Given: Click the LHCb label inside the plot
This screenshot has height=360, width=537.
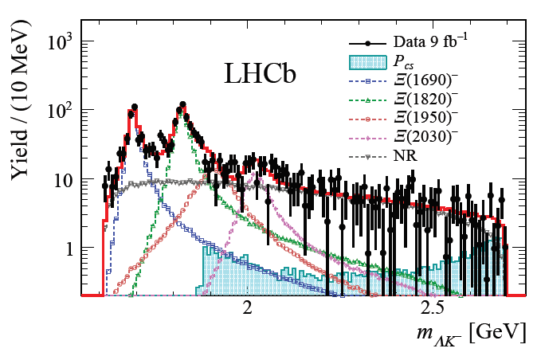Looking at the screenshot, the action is click(x=260, y=74).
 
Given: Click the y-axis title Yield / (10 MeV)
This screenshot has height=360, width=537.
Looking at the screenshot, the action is click(x=20, y=100).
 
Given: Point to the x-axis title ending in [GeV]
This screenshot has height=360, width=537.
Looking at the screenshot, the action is click(x=471, y=333).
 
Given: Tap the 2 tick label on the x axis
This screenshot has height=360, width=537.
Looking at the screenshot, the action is click(x=247, y=307).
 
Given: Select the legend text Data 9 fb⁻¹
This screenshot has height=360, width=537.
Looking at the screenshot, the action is click(x=430, y=41).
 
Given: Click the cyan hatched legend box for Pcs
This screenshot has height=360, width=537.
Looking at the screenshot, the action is click(x=368, y=62).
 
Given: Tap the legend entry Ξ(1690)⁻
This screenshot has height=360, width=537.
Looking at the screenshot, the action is click(x=425, y=80).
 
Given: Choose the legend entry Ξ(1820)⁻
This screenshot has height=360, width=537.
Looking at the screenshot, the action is click(x=425, y=100).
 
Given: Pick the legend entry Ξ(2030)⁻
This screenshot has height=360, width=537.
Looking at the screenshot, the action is click(x=425, y=137).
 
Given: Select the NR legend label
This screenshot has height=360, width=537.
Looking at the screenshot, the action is click(x=406, y=156).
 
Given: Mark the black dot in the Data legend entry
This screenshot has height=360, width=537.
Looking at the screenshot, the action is click(x=368, y=44).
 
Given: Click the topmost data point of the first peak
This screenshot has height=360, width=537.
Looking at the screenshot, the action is click(x=135, y=107).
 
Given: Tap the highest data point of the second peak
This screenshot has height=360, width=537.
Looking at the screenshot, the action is click(x=182, y=104).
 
